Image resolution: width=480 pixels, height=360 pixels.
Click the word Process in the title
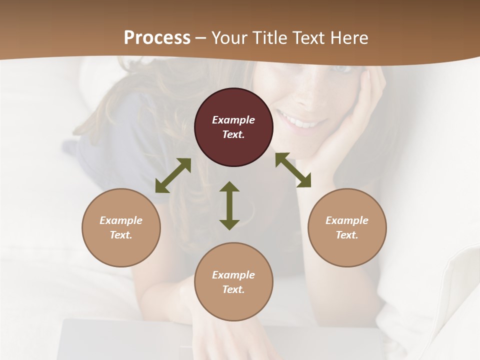click(157, 38)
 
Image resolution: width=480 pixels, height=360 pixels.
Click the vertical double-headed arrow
click(229, 205)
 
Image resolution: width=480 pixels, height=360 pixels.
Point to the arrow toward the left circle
click(173, 175)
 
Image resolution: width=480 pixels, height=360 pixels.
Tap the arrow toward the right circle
click(293, 170)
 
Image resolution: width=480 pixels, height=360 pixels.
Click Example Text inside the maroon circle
click(233, 127)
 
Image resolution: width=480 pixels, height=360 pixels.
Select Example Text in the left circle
click(121, 227)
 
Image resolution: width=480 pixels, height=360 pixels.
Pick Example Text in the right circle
click(347, 227)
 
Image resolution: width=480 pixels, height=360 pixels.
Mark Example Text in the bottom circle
click(233, 282)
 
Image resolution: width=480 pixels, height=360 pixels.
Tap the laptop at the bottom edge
click(125, 342)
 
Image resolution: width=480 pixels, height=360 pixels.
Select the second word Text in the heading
click(308, 38)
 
